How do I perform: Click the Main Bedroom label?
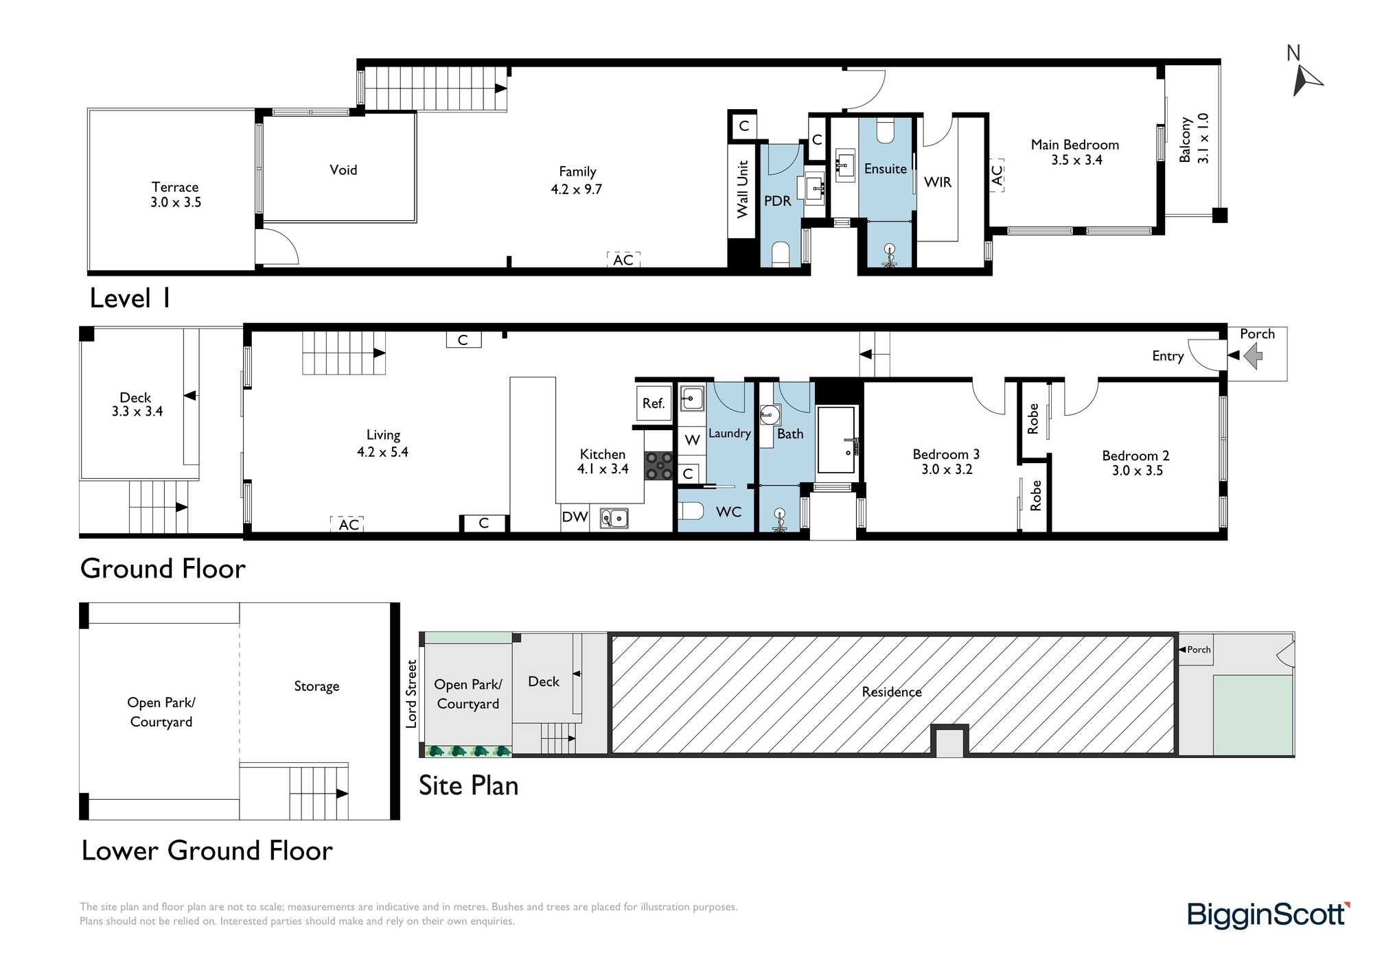coord(1075,145)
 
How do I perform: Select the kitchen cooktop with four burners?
coord(658,465)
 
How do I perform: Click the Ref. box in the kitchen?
coord(654,404)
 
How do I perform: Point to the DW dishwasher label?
coord(575,517)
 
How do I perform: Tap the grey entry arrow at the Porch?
coord(1254,355)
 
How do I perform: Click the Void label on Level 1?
coord(343,169)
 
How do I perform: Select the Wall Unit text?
coord(742,189)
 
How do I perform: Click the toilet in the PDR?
coord(781,253)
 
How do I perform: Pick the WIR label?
coord(938,182)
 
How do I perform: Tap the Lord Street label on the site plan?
coord(411,694)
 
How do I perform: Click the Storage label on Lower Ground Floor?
coord(316,687)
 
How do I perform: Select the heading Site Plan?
coord(469,785)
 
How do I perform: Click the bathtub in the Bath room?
coord(837,440)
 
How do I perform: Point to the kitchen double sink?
coord(614,517)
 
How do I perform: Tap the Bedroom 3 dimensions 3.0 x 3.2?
coord(947,470)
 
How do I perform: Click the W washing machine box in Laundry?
coord(692,440)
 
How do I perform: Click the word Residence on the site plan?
coord(892,692)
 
